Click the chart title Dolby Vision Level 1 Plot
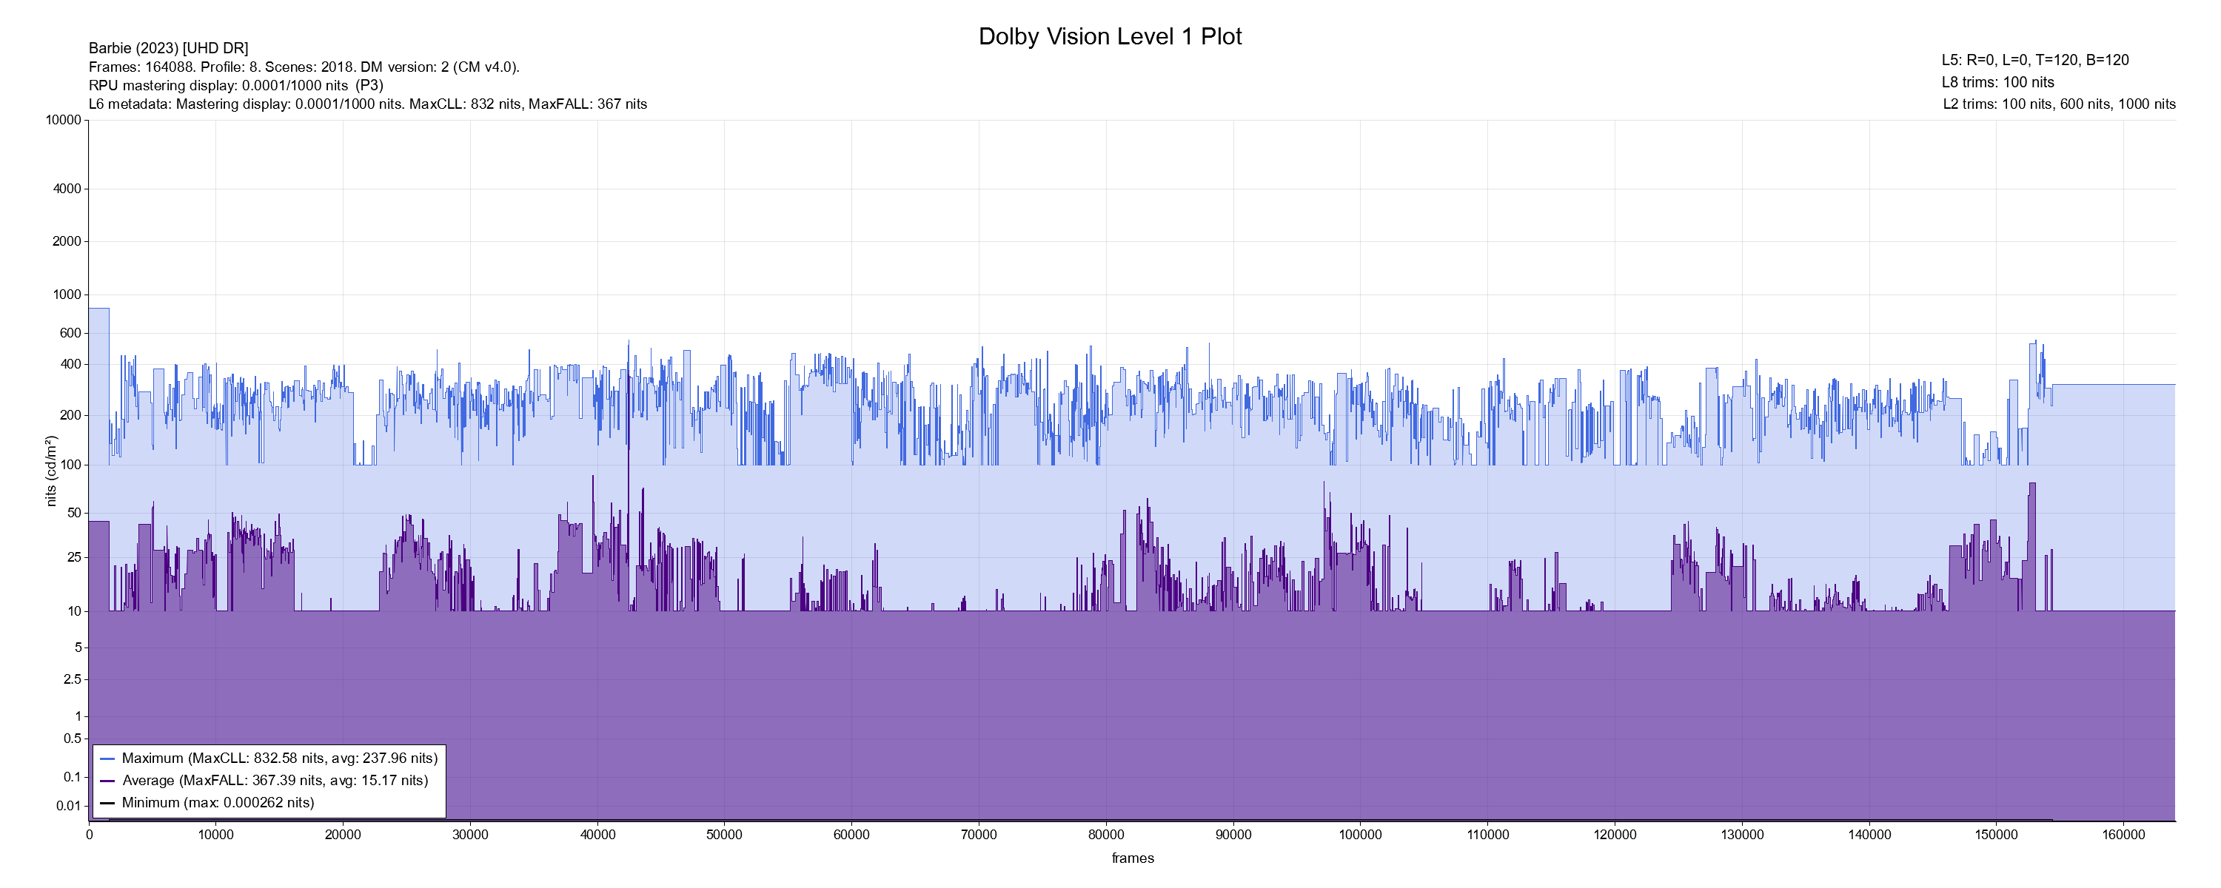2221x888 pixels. tap(1110, 36)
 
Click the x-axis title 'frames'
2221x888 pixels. tap(1132, 858)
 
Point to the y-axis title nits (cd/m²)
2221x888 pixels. tap(52, 471)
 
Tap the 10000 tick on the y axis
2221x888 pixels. tap(64, 120)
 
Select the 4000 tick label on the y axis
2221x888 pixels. tap(67, 189)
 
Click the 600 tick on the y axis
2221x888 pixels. tap(70, 333)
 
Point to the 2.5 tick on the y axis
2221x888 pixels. tap(73, 679)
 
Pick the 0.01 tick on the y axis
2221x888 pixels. tap(69, 806)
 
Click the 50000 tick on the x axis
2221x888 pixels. tap(724, 835)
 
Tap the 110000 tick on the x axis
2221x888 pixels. tap(1487, 835)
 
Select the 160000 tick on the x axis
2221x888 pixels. tap(2123, 835)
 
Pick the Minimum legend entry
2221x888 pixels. tap(217, 803)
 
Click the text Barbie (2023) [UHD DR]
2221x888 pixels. tap(168, 48)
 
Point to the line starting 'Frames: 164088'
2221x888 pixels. tap(304, 67)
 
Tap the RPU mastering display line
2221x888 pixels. tap(235, 85)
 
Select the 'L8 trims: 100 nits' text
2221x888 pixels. tap(1997, 83)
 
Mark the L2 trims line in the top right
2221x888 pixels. tap(2059, 104)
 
